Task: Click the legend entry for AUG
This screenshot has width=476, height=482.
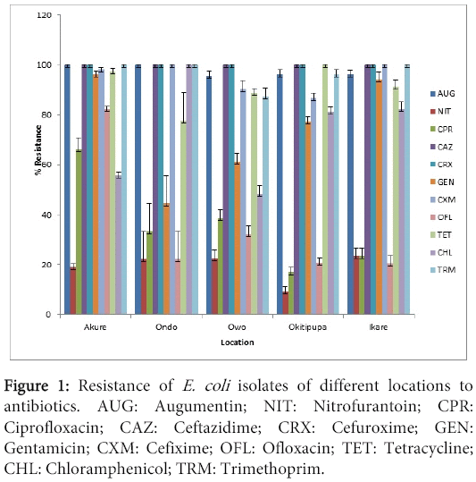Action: (447, 93)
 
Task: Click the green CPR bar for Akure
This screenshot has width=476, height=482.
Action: (79, 232)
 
